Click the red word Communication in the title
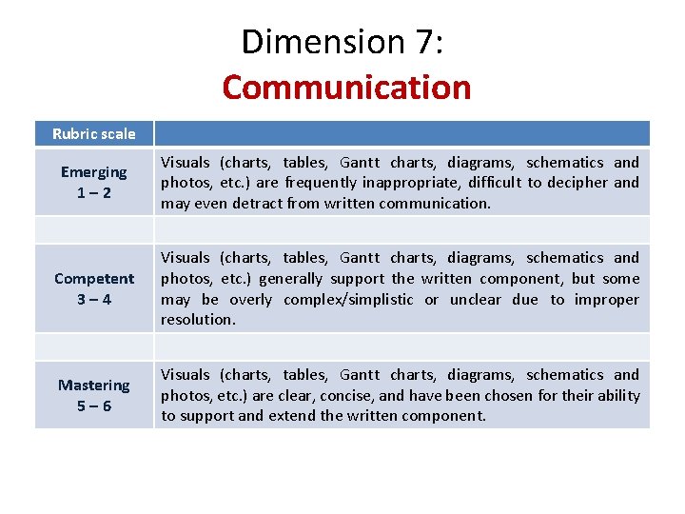point(346,87)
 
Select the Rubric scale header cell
point(94,133)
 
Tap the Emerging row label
point(93,171)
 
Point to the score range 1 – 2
point(93,191)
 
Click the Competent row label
point(94,278)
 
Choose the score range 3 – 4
point(93,299)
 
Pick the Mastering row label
point(93,385)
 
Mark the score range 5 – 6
point(93,405)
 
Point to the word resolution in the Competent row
point(198,320)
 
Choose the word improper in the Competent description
point(608,300)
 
